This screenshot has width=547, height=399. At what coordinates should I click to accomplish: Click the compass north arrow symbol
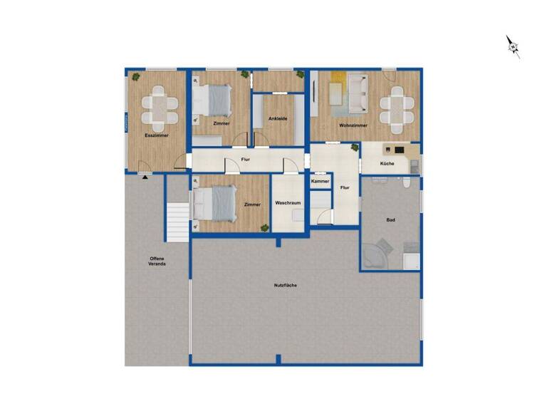coord(513,46)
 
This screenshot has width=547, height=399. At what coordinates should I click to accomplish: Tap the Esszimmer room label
coord(157,135)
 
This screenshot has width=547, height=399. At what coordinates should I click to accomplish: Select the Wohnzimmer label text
coord(353,125)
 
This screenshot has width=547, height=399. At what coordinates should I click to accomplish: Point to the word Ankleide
coord(278,118)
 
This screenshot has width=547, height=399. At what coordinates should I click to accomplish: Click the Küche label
coord(387,163)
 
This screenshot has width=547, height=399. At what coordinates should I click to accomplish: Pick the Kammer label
coord(321,182)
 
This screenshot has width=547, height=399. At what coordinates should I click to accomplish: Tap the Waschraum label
coord(288,203)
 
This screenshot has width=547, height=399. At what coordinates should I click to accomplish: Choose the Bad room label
coord(390,220)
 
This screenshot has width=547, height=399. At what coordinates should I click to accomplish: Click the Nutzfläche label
coord(285,285)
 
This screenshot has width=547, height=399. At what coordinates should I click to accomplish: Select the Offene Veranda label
coord(157,261)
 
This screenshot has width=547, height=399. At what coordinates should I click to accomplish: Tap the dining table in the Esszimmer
coord(159,107)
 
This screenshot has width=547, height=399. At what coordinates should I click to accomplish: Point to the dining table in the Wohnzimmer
coord(397,108)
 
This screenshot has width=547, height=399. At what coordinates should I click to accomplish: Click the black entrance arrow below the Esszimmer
coord(145,177)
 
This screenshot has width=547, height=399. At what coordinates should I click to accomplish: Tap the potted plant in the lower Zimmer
coord(264,228)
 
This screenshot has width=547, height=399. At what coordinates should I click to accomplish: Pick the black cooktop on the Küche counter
coord(399,150)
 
